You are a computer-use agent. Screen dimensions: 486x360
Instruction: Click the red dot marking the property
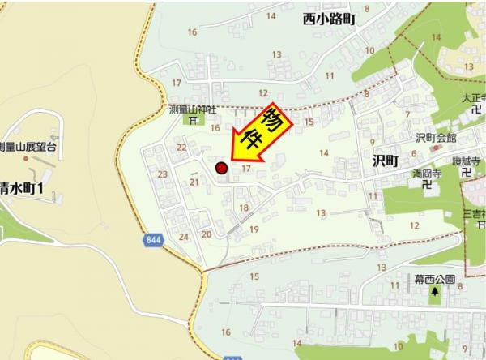[x=220, y=169]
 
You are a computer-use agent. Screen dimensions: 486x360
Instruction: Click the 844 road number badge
[x=153, y=240]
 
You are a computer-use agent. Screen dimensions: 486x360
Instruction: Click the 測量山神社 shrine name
[x=192, y=109]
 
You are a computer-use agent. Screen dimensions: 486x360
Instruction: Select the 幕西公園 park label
[x=435, y=280]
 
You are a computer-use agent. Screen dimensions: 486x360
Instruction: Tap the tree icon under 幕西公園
[x=435, y=292]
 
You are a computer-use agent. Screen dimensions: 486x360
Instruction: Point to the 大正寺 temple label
[x=471, y=99]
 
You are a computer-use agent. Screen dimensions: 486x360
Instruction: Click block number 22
[x=181, y=147]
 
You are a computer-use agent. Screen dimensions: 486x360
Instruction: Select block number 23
[x=163, y=174]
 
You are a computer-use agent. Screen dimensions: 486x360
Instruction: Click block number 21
[x=194, y=182]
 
